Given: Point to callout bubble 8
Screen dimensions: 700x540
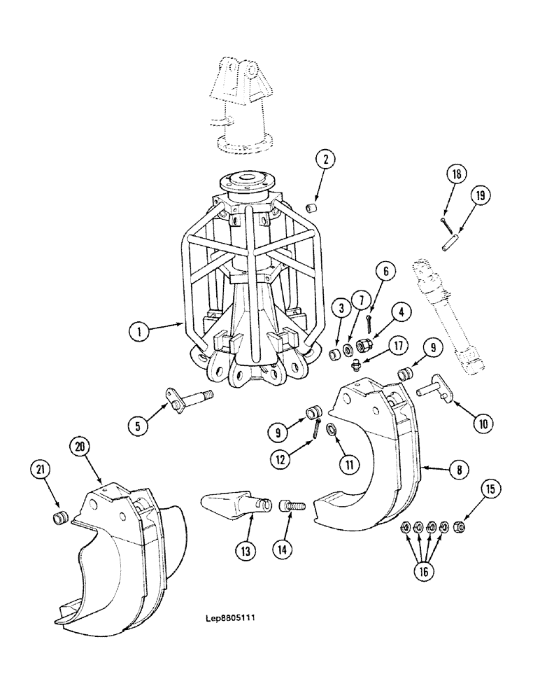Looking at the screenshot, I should coord(458,470).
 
